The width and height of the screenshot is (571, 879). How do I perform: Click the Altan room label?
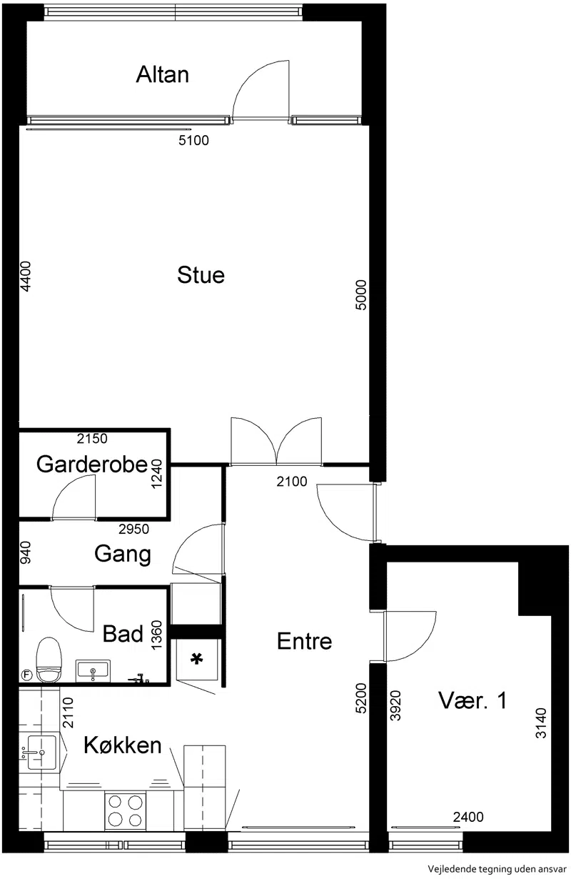click(x=162, y=74)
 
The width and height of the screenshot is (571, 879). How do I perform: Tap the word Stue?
click(x=201, y=274)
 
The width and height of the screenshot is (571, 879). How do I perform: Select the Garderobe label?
click(x=91, y=465)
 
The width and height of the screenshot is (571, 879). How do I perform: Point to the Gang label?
click(x=123, y=554)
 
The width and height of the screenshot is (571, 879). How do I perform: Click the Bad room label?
click(x=123, y=634)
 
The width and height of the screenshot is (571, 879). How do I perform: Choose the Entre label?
click(x=304, y=641)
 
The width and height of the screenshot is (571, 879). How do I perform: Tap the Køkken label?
click(x=122, y=745)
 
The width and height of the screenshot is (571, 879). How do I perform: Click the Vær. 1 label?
click(x=473, y=700)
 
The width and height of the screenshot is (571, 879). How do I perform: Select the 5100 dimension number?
click(x=193, y=141)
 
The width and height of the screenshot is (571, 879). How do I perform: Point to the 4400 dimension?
click(x=25, y=277)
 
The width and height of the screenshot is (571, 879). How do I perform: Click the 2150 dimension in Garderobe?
click(x=92, y=438)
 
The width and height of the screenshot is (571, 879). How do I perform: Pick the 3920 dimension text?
click(x=396, y=705)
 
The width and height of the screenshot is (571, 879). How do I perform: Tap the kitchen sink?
click(x=41, y=753)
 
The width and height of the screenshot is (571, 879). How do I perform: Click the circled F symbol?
click(x=26, y=675)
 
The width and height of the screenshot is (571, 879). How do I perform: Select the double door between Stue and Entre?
click(x=276, y=442)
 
